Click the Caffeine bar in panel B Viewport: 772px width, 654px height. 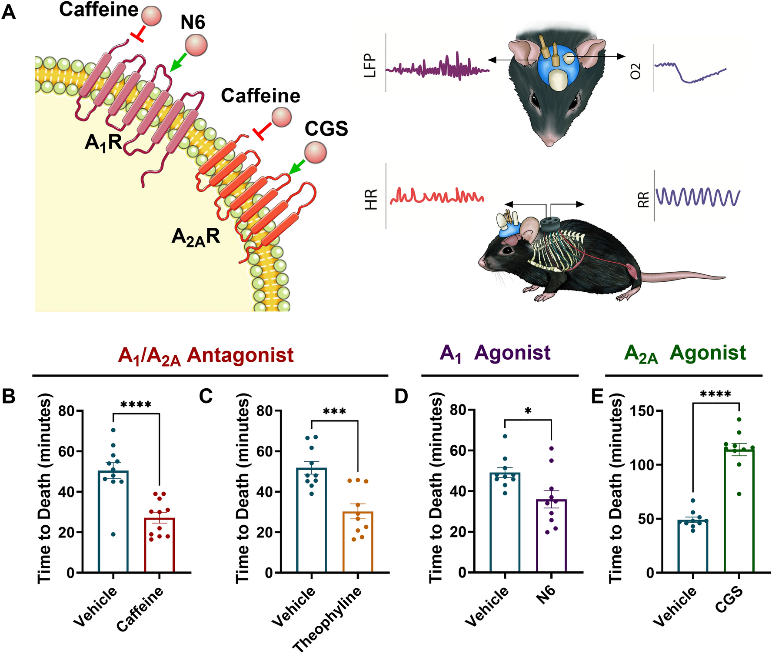160,546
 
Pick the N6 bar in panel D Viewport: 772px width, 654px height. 551,537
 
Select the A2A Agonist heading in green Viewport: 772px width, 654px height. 685,354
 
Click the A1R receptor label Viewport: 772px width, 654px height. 103,142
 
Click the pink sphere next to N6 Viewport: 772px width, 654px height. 196,45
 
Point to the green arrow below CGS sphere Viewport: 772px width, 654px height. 296,167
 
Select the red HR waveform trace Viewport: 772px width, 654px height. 437,197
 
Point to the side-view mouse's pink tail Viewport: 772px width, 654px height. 682,277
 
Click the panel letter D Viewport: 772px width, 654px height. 401,396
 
